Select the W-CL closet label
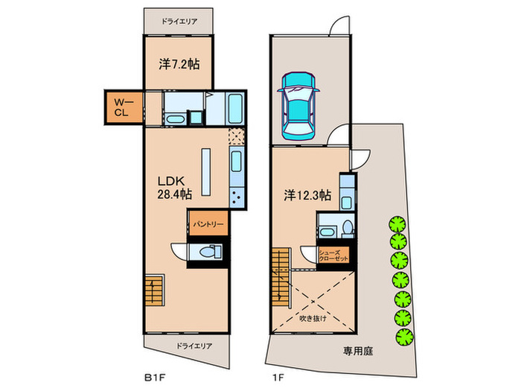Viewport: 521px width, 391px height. tap(121, 107)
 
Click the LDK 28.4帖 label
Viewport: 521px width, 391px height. tap(174, 187)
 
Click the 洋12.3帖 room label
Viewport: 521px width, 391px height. tap(305, 197)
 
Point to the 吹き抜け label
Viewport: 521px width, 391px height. tap(312, 320)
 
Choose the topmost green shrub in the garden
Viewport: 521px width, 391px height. tap(397, 223)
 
